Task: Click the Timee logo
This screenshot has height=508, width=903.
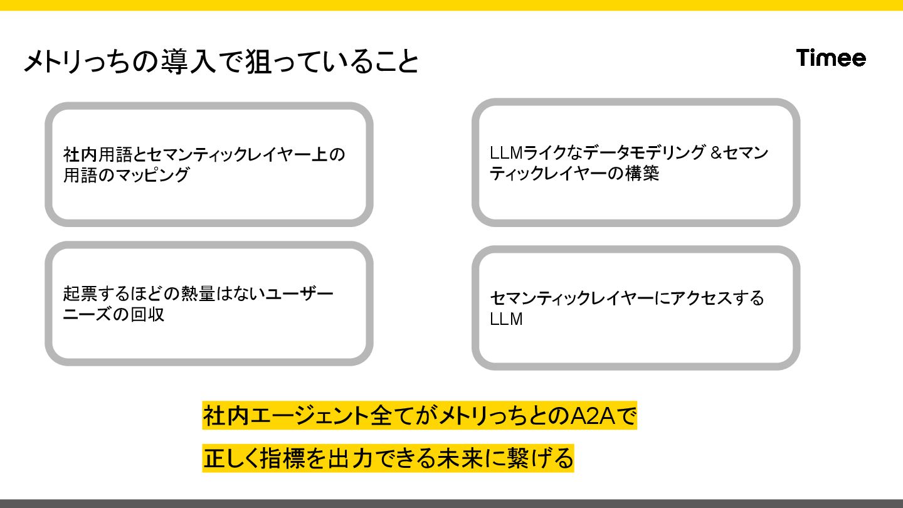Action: [x=831, y=58]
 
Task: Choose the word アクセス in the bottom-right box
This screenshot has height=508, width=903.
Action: [x=697, y=298]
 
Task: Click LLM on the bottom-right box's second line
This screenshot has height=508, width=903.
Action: [x=506, y=319]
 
